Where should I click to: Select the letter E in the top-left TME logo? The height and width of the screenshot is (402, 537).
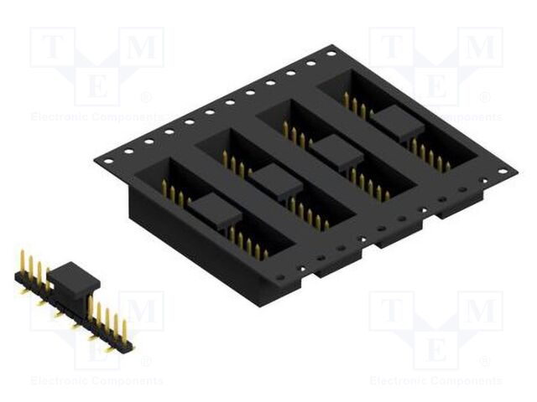point(96,86)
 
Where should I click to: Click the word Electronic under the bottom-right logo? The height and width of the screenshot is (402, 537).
point(399,381)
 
